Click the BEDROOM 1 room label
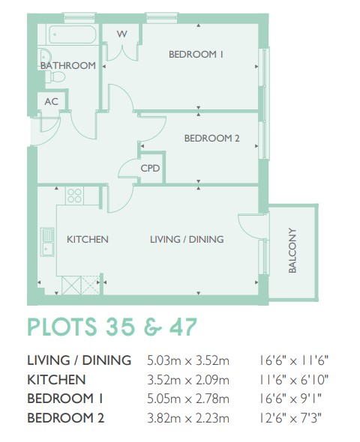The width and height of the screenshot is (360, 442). coord(196,54)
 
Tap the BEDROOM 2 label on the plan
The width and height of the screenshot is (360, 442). coord(212,138)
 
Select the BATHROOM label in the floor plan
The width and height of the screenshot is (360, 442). coord(68,65)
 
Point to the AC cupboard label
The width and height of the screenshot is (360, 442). coord(51,101)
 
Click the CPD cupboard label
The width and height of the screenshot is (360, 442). coord(150,169)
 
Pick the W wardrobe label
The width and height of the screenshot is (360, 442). coord(122,34)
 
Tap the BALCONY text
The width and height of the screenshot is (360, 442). coord(292,250)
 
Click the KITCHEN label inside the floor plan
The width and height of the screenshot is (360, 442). coord(88,239)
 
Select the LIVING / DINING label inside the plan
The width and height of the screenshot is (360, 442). coord(187,239)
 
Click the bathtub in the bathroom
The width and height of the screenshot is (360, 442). coord(73,34)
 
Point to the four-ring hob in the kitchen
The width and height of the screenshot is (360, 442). coord(74,196)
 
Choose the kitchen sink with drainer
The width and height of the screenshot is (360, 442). coord(47,242)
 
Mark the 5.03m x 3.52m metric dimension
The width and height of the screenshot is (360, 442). coord(188,360)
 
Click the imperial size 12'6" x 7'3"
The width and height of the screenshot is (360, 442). coord(290,418)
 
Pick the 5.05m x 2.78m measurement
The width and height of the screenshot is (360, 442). coord(188,399)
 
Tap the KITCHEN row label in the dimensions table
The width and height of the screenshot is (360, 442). coord(56,379)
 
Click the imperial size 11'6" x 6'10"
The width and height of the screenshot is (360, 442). coord(294,379)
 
